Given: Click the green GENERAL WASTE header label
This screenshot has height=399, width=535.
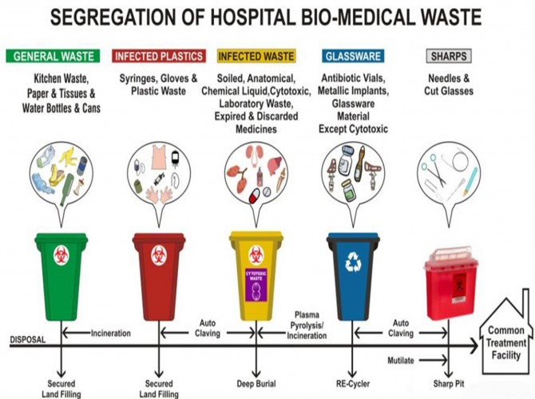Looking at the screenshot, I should coord(53,57).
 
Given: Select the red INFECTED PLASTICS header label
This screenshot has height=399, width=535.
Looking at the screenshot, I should coord(158,57).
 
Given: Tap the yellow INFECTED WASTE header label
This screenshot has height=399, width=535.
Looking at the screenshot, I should coord(256,57).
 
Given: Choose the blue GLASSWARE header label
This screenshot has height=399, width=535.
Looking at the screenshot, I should coord(352,57).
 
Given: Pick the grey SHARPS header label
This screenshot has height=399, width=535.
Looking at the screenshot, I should coord(449,57).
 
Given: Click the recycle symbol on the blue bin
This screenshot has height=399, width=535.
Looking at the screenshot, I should coord(352,262).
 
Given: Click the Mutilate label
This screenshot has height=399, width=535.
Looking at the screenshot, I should coord(401,361).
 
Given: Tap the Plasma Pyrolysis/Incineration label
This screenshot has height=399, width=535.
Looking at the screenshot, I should coord(306,326).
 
